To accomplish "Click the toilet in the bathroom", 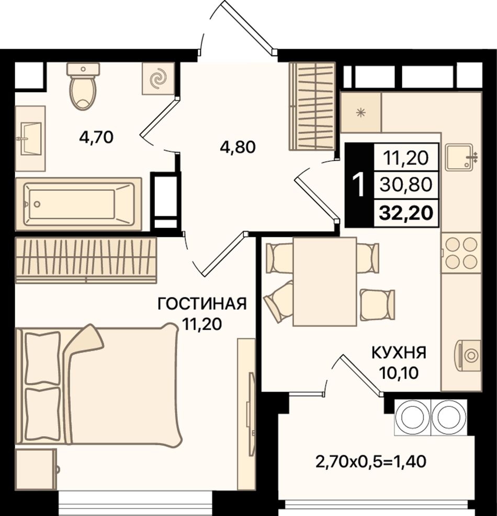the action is (x=83, y=86).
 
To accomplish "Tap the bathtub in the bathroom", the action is (x=78, y=204).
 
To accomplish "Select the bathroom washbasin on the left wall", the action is (x=30, y=138).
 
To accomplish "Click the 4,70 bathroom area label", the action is (x=96, y=137).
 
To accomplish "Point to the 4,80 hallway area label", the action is (x=238, y=147).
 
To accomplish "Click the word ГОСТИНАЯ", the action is (x=202, y=304).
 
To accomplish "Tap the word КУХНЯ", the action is (x=399, y=353).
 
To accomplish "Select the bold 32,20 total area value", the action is (x=405, y=213).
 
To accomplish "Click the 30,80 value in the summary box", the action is (x=405, y=185).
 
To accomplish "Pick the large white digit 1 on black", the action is (x=358, y=185).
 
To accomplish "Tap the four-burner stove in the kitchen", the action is (x=461, y=252).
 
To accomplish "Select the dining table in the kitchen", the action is (x=325, y=282).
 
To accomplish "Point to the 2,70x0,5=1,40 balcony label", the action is (x=371, y=462).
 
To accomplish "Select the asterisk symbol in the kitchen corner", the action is (x=362, y=113).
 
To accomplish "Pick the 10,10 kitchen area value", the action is (x=399, y=372).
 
